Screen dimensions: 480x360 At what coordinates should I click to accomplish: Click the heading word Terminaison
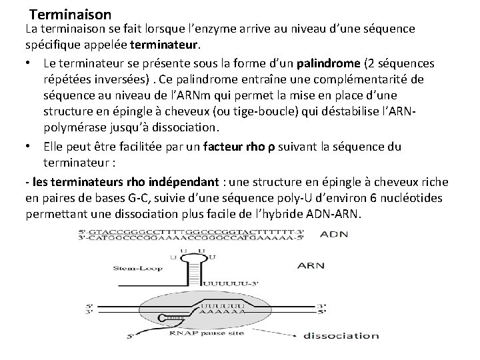tap(70, 13)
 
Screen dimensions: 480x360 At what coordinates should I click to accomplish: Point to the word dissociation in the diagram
tap(342, 335)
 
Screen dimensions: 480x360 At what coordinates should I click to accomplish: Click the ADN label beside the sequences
tap(333, 235)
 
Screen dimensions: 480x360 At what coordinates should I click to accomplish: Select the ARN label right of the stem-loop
tap(311, 265)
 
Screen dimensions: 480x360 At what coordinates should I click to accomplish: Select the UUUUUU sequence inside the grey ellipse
tap(225, 304)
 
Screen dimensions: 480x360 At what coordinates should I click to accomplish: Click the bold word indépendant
tap(180, 181)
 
